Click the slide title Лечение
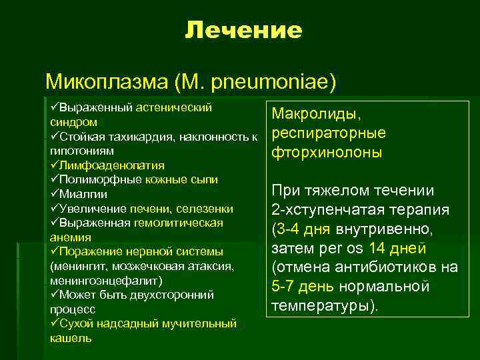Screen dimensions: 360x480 pyautogui.click(x=243, y=30)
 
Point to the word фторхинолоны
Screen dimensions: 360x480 pyautogui.click(x=327, y=152)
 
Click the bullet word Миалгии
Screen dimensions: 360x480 pyautogui.click(x=80, y=193)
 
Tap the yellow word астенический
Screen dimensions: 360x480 pyautogui.click(x=175, y=107)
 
